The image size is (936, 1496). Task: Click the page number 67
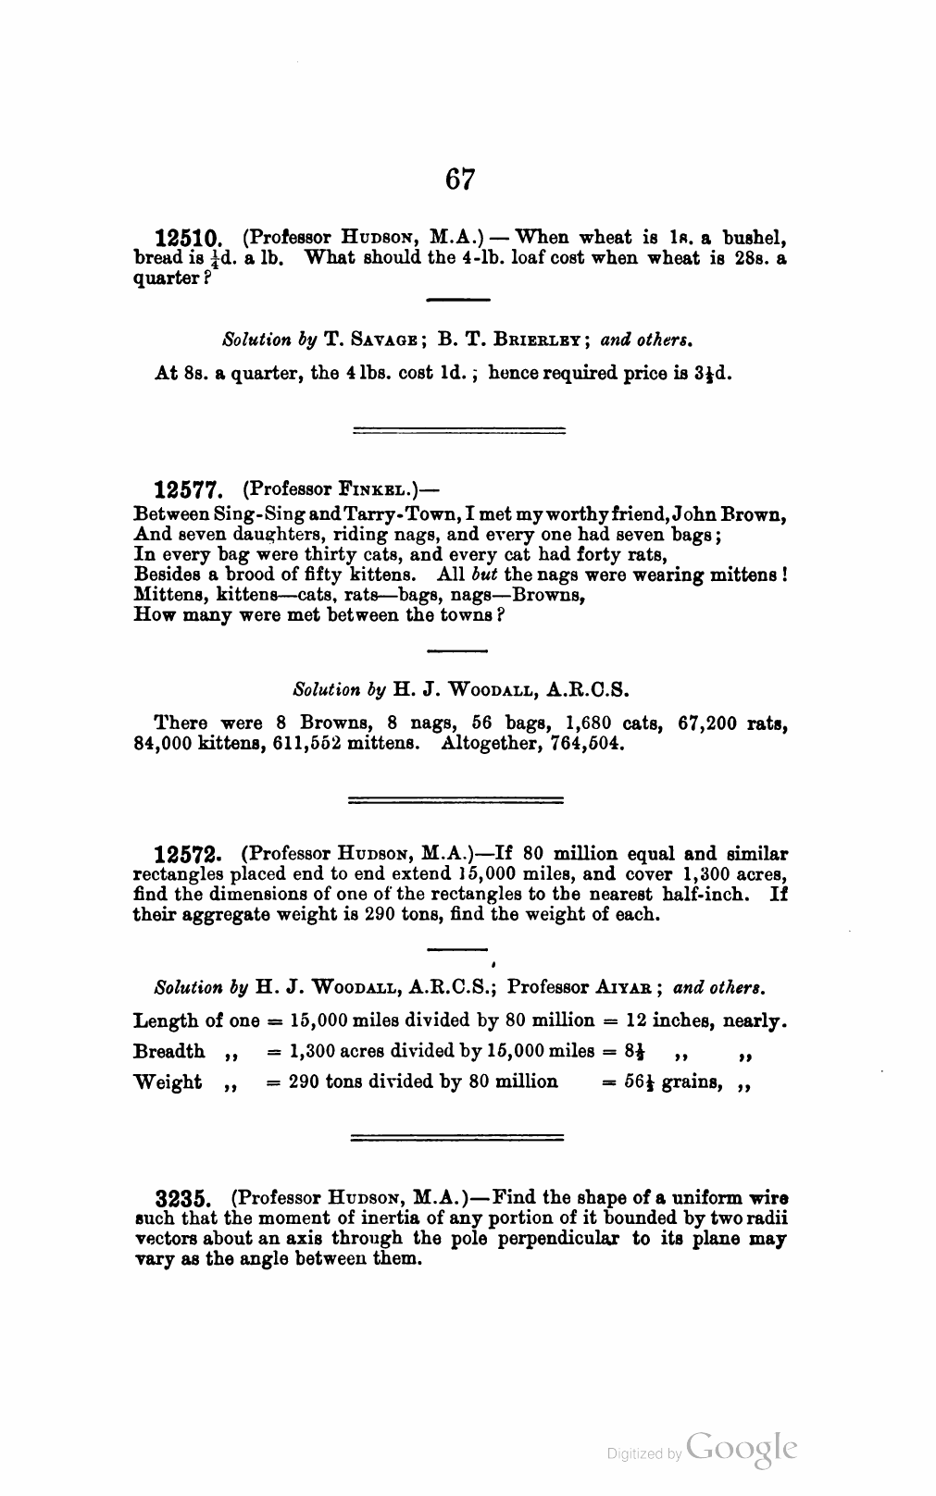[460, 179]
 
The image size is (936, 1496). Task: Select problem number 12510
[189, 239]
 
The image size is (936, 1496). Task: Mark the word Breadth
[169, 1052]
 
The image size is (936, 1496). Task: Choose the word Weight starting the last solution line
[168, 1082]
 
